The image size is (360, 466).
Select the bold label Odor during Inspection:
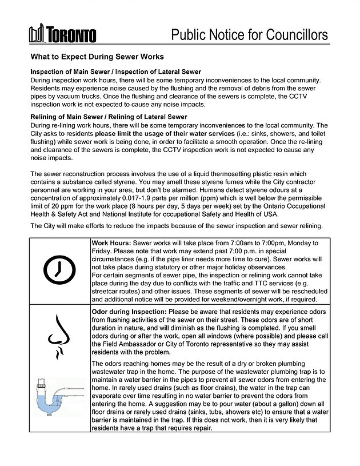point(126,312)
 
